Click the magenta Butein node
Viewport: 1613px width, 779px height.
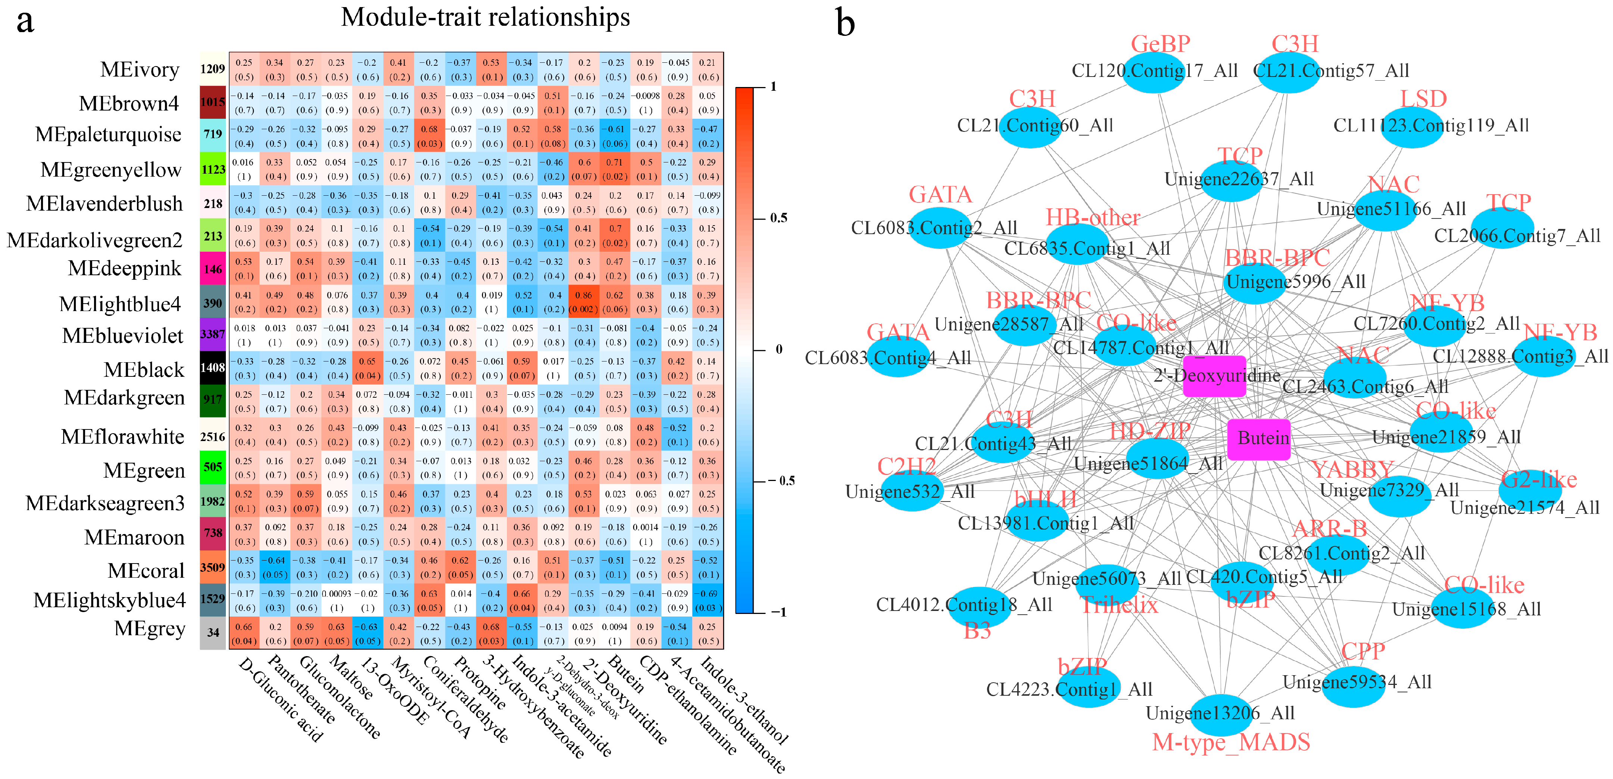click(1259, 439)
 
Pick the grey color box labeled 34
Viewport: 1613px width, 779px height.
click(213, 633)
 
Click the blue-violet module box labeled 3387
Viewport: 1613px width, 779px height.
click(213, 334)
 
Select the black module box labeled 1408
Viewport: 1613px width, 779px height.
click(213, 367)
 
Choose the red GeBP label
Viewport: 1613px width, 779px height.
click(1160, 44)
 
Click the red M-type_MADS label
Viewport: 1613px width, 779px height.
click(1231, 742)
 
